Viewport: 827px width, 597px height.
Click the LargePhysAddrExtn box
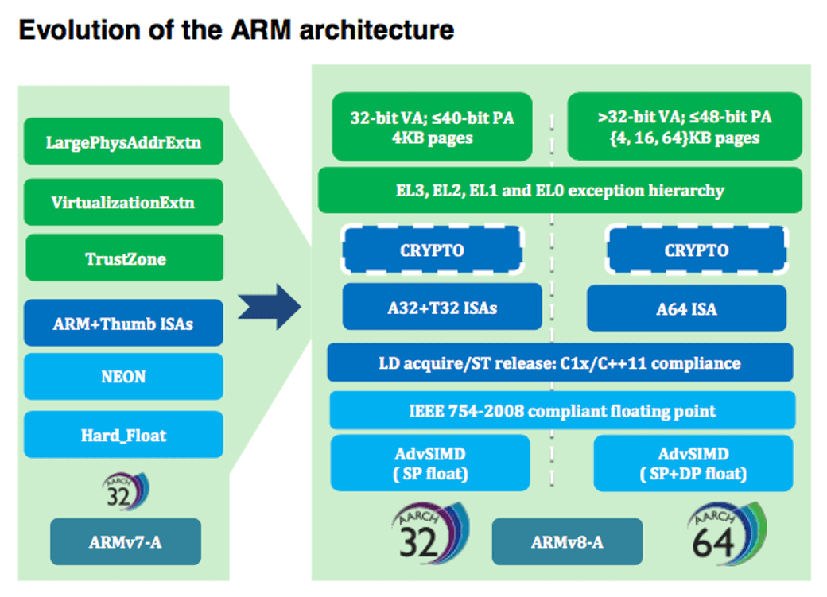coord(123,142)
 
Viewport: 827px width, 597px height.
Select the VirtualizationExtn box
coord(123,202)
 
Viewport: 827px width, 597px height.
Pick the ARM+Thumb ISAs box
coord(123,323)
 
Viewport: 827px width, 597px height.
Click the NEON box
coord(123,377)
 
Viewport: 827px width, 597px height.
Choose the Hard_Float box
coord(123,434)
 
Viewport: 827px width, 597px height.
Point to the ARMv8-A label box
coord(567,541)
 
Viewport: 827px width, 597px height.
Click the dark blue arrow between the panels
coord(270,308)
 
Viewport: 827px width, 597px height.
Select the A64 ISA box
coord(686,308)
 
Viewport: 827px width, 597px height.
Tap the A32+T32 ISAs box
coord(442,307)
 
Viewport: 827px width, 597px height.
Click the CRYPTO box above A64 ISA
coord(696,250)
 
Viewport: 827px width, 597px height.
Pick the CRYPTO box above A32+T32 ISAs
coord(432,250)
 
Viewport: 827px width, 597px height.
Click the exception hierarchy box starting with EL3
coord(560,190)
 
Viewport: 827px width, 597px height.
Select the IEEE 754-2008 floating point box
coord(562,410)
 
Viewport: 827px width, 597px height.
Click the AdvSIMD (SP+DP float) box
coord(693,463)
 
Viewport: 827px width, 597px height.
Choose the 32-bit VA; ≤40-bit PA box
coord(432,127)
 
